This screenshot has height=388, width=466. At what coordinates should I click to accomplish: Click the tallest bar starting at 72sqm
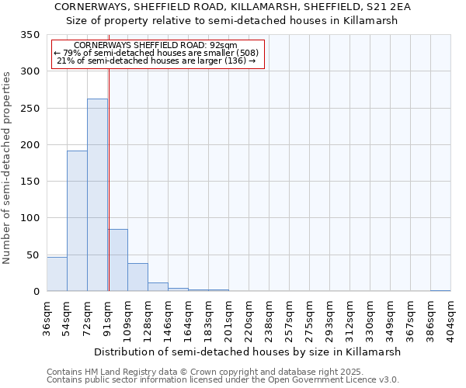(x=97, y=195)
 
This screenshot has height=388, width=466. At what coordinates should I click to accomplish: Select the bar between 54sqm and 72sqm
(x=77, y=221)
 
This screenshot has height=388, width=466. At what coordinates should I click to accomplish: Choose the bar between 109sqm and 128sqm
(x=137, y=277)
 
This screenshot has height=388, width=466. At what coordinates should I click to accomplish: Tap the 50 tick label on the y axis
(x=33, y=255)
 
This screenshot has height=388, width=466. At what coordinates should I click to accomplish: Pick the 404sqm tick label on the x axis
(x=450, y=317)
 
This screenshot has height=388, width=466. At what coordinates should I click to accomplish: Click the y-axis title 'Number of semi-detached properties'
(x=7, y=168)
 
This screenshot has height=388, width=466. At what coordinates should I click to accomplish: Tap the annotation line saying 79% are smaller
(x=158, y=53)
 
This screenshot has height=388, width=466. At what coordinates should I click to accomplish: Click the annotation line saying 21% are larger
(x=158, y=61)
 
